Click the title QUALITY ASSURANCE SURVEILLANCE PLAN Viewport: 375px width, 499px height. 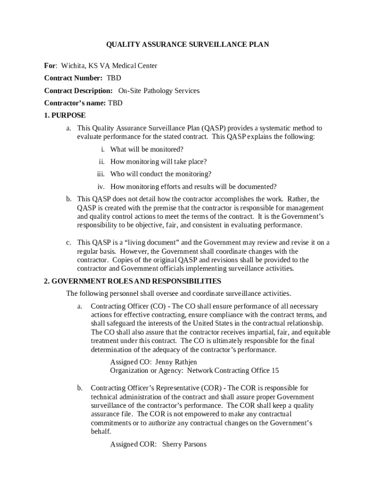coord(187,45)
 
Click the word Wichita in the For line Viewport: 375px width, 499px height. coord(72,66)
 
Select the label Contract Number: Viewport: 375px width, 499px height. coord(73,78)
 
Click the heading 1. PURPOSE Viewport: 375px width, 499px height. coord(65,115)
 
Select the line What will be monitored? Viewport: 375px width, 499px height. coord(147,149)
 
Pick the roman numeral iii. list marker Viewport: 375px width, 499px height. coord(101,174)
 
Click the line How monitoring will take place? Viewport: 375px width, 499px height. coord(159,162)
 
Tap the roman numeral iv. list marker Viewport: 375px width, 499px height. coord(101,187)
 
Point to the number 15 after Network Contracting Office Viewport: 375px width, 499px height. coord(275,370)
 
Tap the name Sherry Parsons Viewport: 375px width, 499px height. coord(184,444)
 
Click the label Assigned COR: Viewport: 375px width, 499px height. coord(133,444)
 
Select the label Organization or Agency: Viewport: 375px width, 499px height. coord(147,370)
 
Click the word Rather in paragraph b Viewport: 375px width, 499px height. coord(297,199)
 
